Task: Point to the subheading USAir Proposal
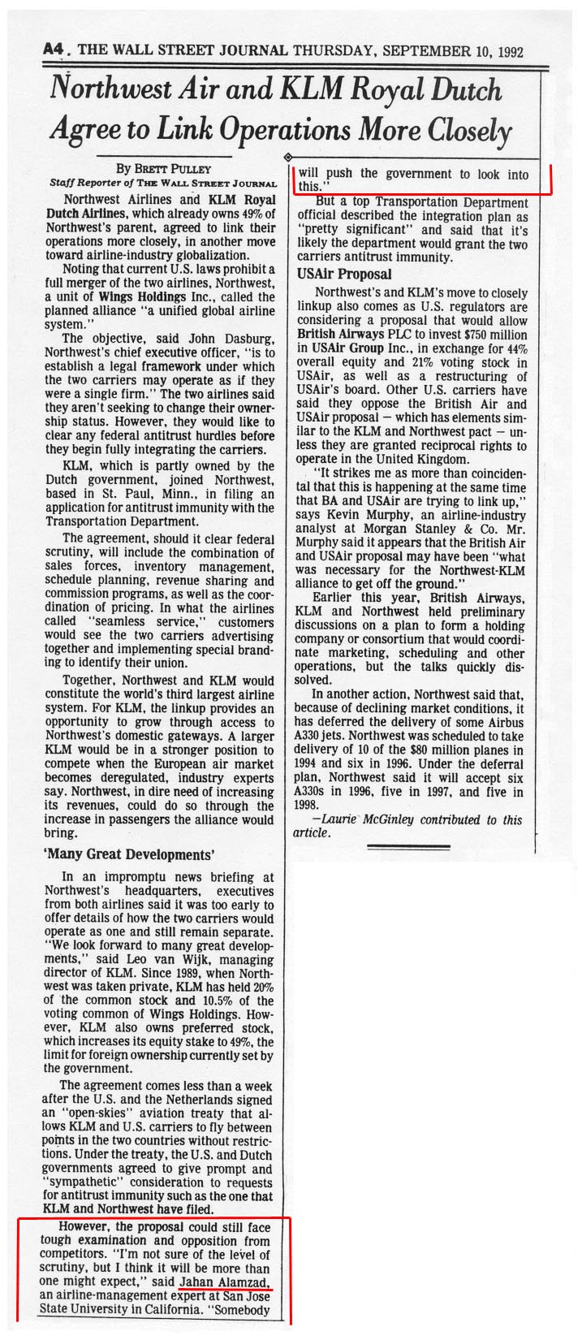(x=344, y=274)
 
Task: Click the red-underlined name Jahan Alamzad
(x=226, y=1280)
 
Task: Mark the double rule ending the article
(x=407, y=848)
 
